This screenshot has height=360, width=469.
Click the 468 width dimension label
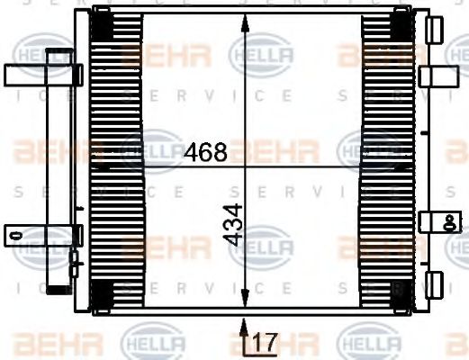point(205,152)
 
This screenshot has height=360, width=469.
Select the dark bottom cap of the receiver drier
point(59,288)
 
